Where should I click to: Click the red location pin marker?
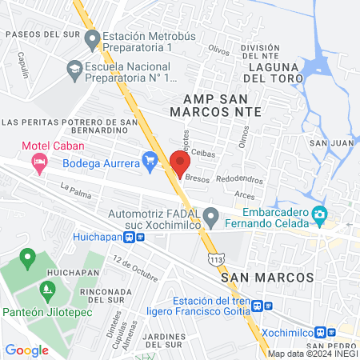click(x=179, y=162)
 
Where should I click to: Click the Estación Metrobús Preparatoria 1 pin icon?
click(x=92, y=38)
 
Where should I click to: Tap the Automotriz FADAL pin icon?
click(x=210, y=215)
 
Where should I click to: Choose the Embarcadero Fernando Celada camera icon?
click(x=320, y=214)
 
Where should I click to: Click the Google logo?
click(x=26, y=350)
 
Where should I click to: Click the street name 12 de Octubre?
click(x=135, y=268)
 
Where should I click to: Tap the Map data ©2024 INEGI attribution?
click(x=311, y=354)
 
